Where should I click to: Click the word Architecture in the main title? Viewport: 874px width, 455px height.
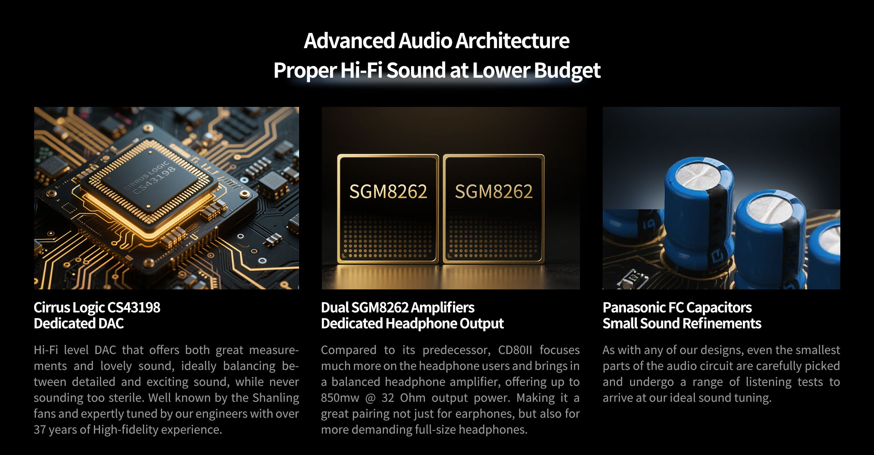512,40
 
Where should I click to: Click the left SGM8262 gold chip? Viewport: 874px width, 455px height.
388,209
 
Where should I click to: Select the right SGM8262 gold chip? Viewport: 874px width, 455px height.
493,209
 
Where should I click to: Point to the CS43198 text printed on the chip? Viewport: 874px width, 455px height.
154,181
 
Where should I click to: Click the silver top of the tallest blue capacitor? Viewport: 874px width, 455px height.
698,174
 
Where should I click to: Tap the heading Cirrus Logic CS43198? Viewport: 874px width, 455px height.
97,308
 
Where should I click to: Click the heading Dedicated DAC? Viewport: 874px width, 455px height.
79,324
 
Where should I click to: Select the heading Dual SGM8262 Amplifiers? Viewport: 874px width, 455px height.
398,308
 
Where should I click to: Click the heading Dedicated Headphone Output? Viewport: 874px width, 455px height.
412,324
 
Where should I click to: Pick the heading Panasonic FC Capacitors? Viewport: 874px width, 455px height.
677,308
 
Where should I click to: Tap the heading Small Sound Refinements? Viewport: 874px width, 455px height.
682,324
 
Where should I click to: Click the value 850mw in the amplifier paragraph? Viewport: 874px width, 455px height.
340,398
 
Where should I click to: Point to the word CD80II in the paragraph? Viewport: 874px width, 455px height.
515,350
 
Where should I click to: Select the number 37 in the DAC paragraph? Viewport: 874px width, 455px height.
40,430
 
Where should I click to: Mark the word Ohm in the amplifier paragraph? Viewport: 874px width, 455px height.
412,398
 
